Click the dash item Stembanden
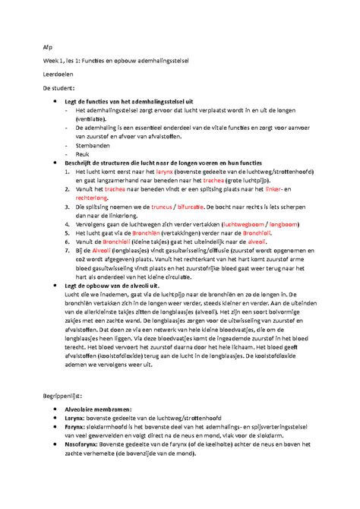point(93,144)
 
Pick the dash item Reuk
point(82,153)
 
